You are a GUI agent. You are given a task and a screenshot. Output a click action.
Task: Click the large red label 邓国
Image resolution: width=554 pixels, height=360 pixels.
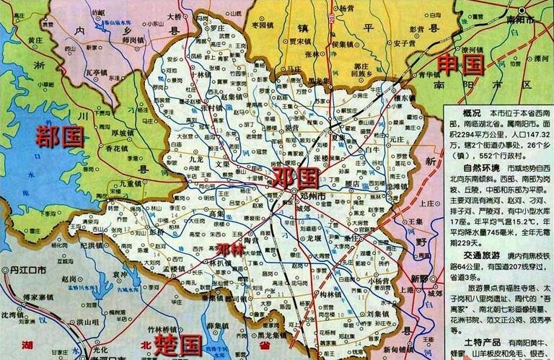pos(295,177)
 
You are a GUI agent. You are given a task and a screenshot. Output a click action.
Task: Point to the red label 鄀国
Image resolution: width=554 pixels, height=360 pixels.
pos(59,135)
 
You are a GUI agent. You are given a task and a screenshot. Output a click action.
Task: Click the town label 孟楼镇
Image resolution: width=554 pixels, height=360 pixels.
pos(175,270)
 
